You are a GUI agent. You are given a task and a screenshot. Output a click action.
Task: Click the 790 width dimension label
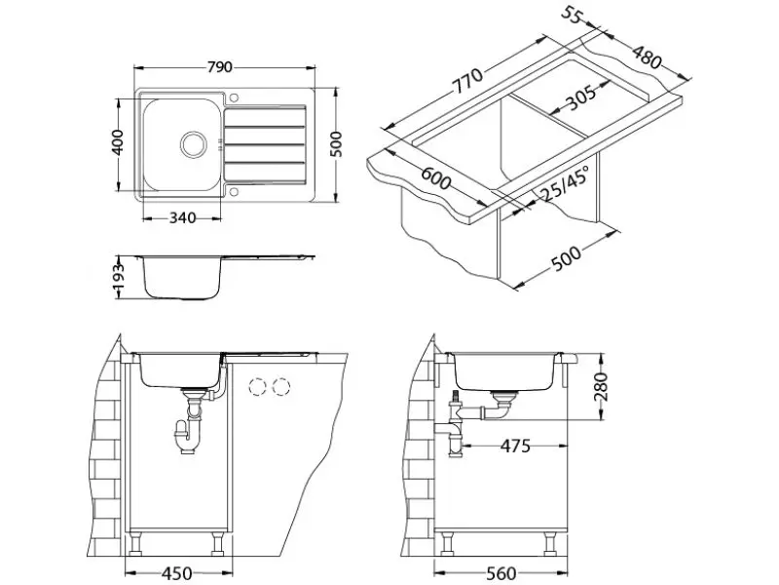click(x=220, y=67)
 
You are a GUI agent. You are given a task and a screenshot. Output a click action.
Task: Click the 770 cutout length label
click(x=466, y=84)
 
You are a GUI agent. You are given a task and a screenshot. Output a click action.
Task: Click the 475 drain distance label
click(x=514, y=447)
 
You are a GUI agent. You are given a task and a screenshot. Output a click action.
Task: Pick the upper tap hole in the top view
click(x=234, y=97)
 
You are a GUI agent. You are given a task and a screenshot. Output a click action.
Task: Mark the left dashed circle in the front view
click(x=259, y=387)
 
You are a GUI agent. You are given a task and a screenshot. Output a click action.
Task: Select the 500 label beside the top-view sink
click(x=337, y=143)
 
